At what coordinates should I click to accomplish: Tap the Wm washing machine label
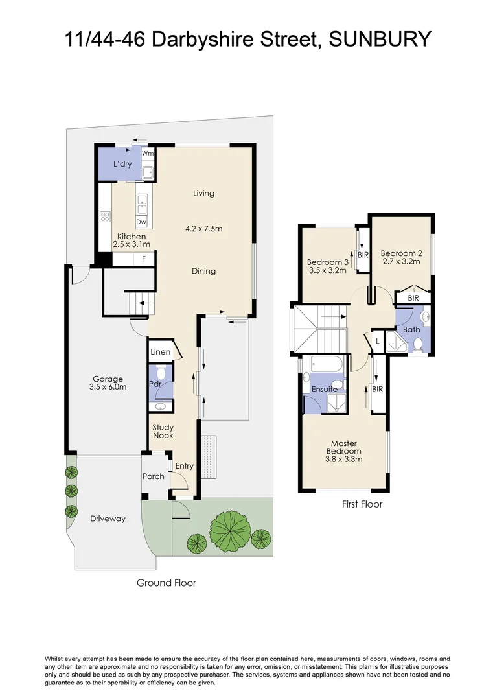[148, 154]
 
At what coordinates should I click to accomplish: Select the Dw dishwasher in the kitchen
[141, 222]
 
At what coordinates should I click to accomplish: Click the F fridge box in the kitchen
[144, 259]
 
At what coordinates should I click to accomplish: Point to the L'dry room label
[122, 164]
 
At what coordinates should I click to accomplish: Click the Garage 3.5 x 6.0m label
[108, 383]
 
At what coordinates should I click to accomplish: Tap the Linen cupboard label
[160, 352]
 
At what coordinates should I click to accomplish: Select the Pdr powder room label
[155, 384]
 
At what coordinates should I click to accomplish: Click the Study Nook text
[163, 431]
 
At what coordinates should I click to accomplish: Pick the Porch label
[154, 476]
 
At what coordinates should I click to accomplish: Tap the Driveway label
[108, 519]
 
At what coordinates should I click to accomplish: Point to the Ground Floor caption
[166, 583]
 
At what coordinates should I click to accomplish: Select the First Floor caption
[362, 504]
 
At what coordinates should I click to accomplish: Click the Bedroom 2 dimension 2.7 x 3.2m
[401, 262]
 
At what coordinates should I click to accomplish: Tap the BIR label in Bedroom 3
[362, 255]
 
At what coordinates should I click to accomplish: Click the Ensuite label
[324, 390]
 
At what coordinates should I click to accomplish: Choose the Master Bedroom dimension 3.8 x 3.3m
[343, 459]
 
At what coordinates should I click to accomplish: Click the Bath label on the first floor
[411, 329]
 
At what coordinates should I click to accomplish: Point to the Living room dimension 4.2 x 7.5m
[204, 228]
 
